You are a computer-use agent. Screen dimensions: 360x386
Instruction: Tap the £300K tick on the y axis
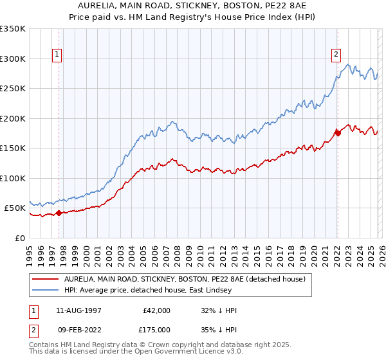click(x=13, y=59)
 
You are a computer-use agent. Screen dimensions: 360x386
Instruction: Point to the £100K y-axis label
click(x=13, y=178)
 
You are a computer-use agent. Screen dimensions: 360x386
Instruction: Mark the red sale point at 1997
click(x=59, y=213)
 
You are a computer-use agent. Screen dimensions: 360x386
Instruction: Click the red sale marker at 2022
click(x=337, y=133)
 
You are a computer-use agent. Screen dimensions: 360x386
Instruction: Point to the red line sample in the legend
click(x=45, y=279)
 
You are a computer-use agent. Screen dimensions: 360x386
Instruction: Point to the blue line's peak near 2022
click(x=348, y=64)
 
